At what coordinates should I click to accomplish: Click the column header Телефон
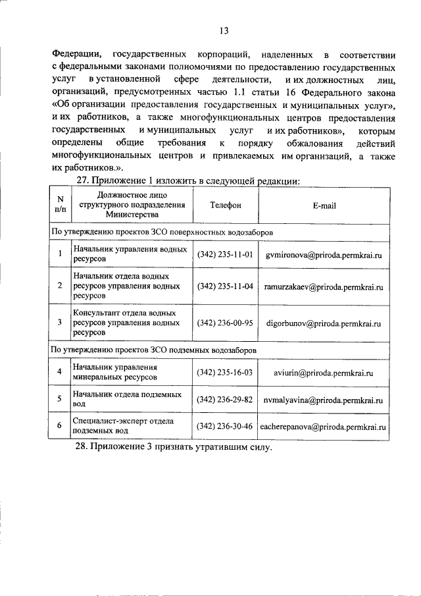pos(225,205)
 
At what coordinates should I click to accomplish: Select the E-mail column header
pos(324,205)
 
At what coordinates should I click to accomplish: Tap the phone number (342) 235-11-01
pos(225,254)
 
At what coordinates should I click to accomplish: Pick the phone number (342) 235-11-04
pos(225,287)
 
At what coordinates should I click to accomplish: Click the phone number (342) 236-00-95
pos(225,323)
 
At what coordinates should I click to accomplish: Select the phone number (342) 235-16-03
pos(225,372)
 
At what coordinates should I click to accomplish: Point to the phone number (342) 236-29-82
pos(225,400)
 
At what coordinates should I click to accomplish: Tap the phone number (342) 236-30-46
pos(225,426)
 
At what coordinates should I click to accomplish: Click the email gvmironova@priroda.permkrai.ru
pos(324,254)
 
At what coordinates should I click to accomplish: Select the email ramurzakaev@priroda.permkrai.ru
pos(324,287)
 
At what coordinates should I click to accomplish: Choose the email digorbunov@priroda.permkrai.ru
pos(324,323)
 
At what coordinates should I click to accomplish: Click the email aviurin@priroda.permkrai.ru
pos(324,372)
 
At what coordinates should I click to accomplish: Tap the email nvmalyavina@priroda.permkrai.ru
pos(324,400)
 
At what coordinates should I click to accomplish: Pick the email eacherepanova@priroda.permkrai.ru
pos(324,427)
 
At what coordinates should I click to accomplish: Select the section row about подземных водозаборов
pos(154,349)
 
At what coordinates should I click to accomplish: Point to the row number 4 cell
pos(59,372)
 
